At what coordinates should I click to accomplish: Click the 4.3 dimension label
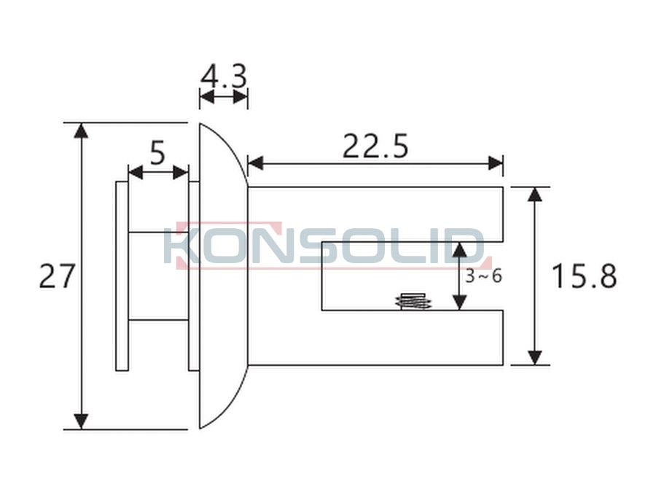(x=224, y=76)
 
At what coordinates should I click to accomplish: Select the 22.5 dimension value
(x=375, y=146)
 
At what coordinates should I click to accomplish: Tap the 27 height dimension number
(x=56, y=276)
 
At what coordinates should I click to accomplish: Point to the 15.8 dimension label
(x=585, y=276)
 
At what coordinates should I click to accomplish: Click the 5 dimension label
(x=157, y=153)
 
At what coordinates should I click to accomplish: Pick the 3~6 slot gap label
(x=484, y=276)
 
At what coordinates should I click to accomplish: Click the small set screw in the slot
(x=413, y=302)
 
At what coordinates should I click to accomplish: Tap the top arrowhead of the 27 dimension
(x=81, y=130)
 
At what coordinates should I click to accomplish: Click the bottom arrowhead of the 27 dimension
(x=81, y=421)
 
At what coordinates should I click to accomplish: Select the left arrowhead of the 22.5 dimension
(x=256, y=163)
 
